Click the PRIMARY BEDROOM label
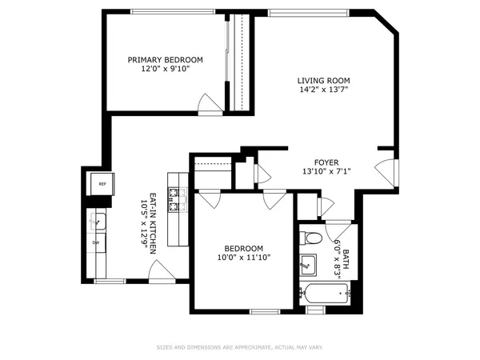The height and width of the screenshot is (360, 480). click(x=166, y=60)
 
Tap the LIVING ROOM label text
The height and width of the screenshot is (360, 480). click(x=324, y=80)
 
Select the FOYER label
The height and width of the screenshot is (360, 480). click(x=326, y=161)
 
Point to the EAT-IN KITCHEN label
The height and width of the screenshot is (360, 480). click(x=149, y=224)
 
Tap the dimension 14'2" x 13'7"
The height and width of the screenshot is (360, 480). click(x=324, y=90)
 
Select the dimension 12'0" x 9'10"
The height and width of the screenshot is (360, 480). click(x=166, y=70)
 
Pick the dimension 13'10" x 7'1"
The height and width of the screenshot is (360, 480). click(x=326, y=170)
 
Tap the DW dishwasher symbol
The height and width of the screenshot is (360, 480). click(x=96, y=242)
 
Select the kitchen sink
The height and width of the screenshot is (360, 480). click(x=97, y=219)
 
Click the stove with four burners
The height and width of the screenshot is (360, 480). click(x=177, y=200)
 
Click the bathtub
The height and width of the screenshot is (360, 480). click(x=325, y=294)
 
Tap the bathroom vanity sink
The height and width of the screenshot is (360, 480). click(x=308, y=262)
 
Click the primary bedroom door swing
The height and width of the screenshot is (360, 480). click(x=210, y=103)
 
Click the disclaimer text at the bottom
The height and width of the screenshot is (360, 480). click(x=240, y=347)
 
